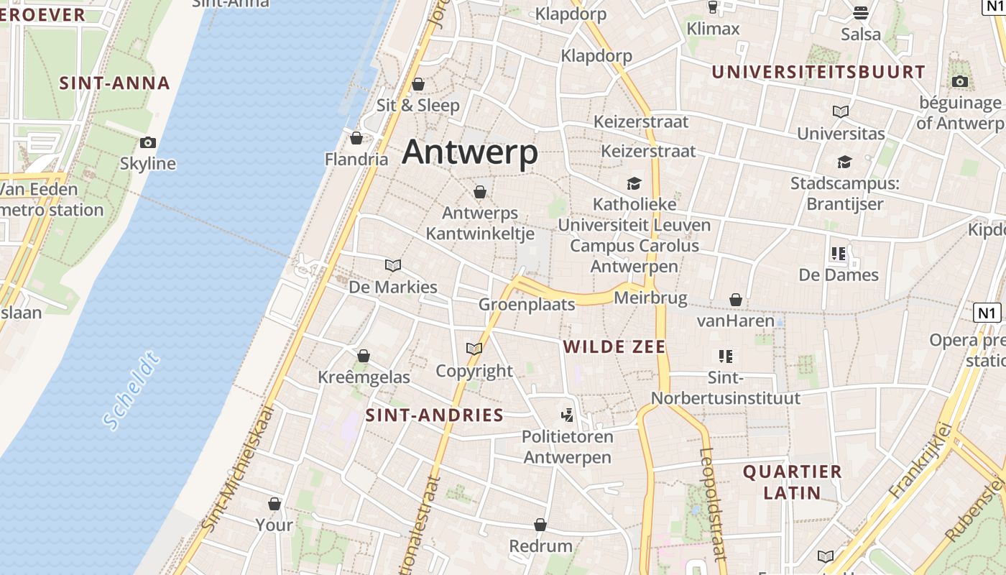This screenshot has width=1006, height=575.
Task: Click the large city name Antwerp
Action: click(x=470, y=152)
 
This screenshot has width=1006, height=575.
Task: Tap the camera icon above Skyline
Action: click(x=148, y=142)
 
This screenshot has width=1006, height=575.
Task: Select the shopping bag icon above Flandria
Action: click(x=356, y=138)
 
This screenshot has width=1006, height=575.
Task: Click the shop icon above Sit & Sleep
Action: click(x=418, y=84)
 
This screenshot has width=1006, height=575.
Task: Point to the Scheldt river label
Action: click(x=130, y=391)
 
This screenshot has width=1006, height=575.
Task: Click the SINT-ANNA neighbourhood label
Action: click(x=114, y=83)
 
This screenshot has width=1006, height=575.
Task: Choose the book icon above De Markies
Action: click(x=392, y=265)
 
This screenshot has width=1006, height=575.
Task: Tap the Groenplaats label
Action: click(x=527, y=305)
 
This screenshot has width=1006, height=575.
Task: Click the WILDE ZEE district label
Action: click(x=614, y=347)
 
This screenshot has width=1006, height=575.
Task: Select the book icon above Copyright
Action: click(x=474, y=349)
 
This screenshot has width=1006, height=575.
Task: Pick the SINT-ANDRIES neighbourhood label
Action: click(x=435, y=415)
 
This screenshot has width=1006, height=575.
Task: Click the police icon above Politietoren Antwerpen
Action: click(x=568, y=415)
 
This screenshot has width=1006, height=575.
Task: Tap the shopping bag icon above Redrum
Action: click(x=540, y=525)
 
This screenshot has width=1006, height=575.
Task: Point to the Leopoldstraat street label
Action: click(x=711, y=503)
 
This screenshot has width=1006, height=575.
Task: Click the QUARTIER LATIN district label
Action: click(x=792, y=482)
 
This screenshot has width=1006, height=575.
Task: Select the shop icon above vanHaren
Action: click(x=735, y=299)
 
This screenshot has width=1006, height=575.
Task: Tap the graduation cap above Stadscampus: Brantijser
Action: click(x=844, y=162)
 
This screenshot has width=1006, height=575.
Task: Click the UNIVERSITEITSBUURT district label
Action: click(x=818, y=72)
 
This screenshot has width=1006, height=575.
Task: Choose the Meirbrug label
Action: click(x=651, y=298)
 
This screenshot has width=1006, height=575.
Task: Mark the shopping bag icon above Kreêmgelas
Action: click(x=364, y=356)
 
